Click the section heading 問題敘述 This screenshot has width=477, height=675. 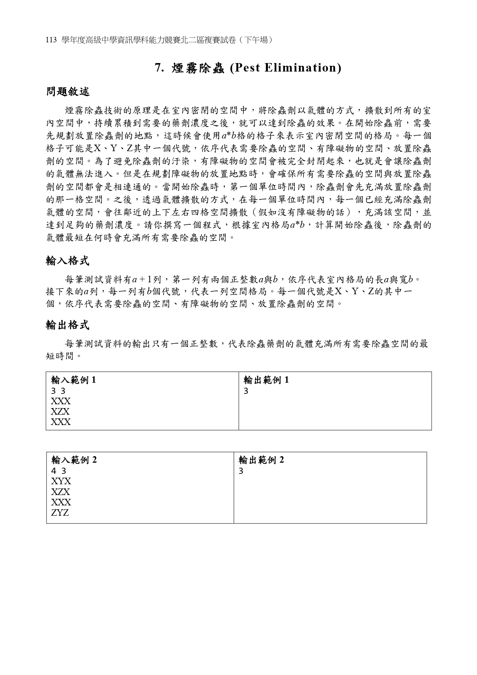(68, 92)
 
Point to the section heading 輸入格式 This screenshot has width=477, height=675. (68, 261)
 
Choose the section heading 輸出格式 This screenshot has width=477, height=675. (68, 325)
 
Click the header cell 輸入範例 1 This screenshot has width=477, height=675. (73, 380)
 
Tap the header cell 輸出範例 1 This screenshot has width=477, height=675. (266, 380)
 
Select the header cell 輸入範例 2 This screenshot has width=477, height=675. (74, 460)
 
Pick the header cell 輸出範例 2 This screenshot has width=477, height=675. (261, 460)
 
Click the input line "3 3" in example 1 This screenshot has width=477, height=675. (58, 391)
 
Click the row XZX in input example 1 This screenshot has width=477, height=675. (61, 412)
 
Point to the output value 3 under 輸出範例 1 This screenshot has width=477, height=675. (246, 391)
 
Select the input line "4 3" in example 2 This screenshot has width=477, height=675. (59, 471)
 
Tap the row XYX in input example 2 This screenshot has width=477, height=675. (61, 481)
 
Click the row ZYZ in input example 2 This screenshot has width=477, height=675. (60, 512)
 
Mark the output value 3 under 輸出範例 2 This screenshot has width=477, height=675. (241, 471)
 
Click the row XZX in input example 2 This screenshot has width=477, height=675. (61, 492)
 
